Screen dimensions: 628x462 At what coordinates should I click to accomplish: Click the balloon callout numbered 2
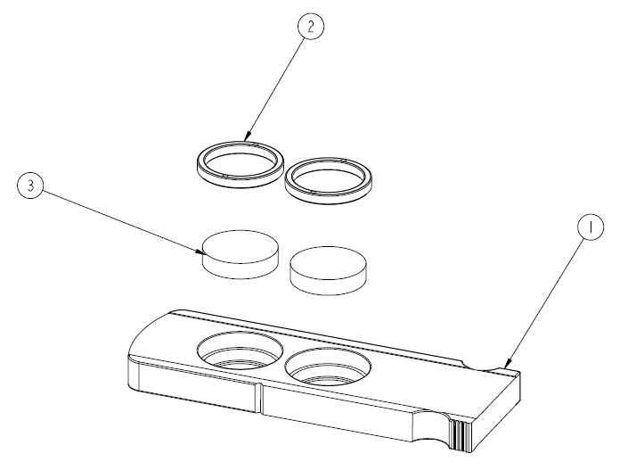[x=311, y=27]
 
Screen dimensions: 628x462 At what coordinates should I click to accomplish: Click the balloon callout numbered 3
[x=31, y=186]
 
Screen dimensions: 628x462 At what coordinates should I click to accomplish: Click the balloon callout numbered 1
[x=591, y=227]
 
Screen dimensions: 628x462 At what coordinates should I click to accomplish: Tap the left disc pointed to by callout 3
[x=241, y=254]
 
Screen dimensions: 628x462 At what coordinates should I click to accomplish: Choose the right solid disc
[x=328, y=271]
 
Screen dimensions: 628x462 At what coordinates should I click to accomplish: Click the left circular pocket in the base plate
[x=241, y=350]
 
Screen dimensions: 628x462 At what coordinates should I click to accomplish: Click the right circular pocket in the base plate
[x=328, y=367]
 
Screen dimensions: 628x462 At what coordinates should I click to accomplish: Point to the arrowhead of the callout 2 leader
[x=248, y=136]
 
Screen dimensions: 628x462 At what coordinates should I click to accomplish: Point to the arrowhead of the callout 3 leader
[x=200, y=252]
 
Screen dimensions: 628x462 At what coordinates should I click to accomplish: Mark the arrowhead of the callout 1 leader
[x=509, y=363]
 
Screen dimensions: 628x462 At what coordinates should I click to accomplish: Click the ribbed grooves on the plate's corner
[x=461, y=435]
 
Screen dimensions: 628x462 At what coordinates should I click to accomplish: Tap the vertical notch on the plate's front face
[x=259, y=399]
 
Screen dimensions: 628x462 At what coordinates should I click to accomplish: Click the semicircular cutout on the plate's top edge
[x=482, y=363]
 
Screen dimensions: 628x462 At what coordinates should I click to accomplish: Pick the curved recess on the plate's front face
[x=431, y=427]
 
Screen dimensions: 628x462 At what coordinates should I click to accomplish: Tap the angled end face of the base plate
[x=497, y=412]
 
